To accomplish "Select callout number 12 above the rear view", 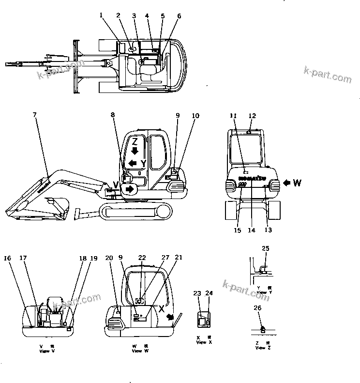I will coord(252,115).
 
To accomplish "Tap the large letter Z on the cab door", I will coord(135,142).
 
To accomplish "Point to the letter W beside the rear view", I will coord(297,183).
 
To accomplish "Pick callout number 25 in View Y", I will coord(265,248).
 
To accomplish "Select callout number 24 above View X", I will coord(210,293).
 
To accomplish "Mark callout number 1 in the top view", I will coord(102,15).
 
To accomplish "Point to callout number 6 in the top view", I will coord(179,16).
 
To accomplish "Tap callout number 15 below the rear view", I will coord(238,230).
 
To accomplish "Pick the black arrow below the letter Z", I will coord(135,152).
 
